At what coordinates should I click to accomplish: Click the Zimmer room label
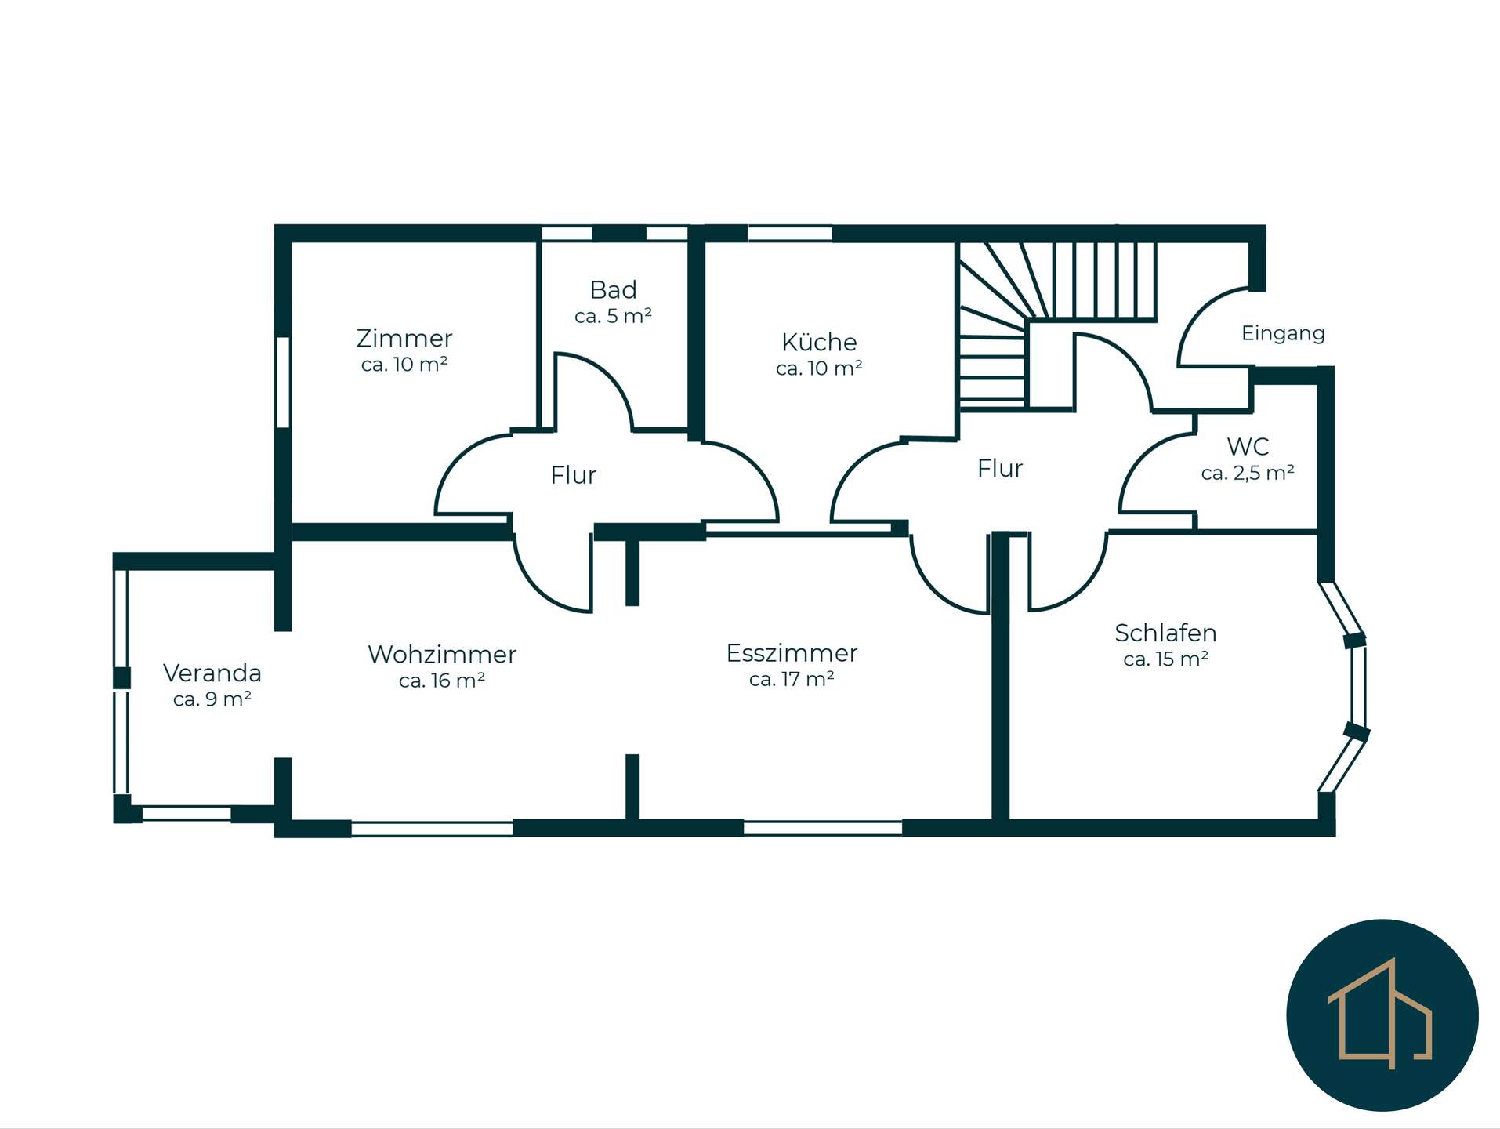click(x=404, y=338)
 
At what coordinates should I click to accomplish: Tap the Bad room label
click(x=613, y=290)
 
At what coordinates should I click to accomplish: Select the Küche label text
click(x=819, y=342)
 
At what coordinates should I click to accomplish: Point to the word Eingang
click(x=1283, y=334)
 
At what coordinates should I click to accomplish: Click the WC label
click(x=1248, y=447)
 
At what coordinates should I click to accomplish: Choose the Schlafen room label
click(x=1165, y=633)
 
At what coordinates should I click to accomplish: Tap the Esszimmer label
click(x=792, y=653)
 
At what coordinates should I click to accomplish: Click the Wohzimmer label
click(x=442, y=654)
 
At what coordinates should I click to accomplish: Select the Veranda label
click(x=212, y=673)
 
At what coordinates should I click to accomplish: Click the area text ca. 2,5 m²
click(x=1248, y=473)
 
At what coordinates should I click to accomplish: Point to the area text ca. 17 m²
click(x=792, y=679)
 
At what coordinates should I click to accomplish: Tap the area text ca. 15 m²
click(x=1165, y=659)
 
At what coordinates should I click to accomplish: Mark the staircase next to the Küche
click(x=1057, y=325)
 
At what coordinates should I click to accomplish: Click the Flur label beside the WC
click(x=1000, y=469)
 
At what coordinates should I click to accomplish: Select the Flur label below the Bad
click(x=573, y=475)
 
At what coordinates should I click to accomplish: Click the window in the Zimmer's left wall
click(x=283, y=382)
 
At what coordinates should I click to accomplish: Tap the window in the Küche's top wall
click(x=790, y=233)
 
